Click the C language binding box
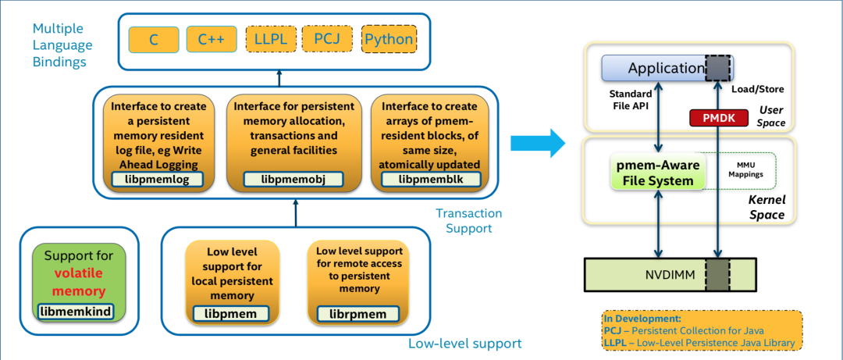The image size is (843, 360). [x=154, y=39]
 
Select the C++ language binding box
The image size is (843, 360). [x=211, y=39]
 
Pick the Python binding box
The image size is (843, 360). [x=389, y=39]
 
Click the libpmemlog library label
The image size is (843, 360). [x=158, y=180]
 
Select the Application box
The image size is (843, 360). [x=665, y=68]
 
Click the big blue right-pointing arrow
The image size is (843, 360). [x=537, y=143]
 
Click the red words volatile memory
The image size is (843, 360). [x=79, y=282]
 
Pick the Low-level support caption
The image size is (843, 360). [x=464, y=344]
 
